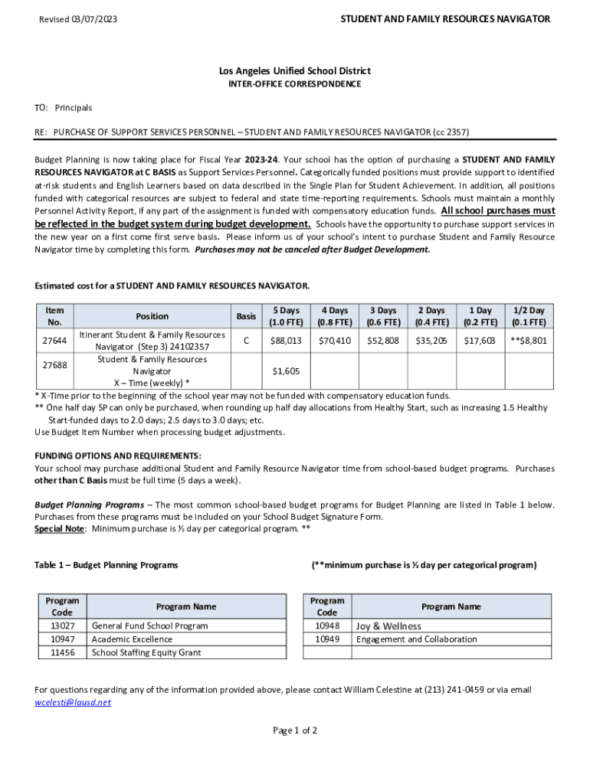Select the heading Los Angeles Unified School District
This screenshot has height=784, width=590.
click(x=295, y=70)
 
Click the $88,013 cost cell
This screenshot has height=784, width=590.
click(x=286, y=341)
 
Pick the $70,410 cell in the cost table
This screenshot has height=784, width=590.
click(x=335, y=341)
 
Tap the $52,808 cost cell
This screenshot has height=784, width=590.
click(x=383, y=341)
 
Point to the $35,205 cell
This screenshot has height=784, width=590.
click(x=431, y=341)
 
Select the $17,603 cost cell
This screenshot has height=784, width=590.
click(x=480, y=341)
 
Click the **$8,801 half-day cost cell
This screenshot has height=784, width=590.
click(x=529, y=341)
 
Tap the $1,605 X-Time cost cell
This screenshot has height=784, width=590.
click(x=286, y=371)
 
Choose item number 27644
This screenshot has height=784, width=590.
click(x=55, y=341)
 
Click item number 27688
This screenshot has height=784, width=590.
click(x=55, y=365)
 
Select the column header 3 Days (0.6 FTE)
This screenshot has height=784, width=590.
click(x=383, y=316)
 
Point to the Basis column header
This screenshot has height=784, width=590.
click(x=246, y=316)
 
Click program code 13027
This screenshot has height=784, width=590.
click(x=62, y=626)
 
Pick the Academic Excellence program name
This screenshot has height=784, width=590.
click(x=132, y=639)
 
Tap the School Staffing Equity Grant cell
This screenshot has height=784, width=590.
click(x=146, y=653)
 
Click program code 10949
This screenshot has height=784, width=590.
click(x=327, y=639)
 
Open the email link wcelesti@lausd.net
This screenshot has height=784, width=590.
click(x=73, y=702)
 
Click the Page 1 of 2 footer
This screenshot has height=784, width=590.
click(x=295, y=730)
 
